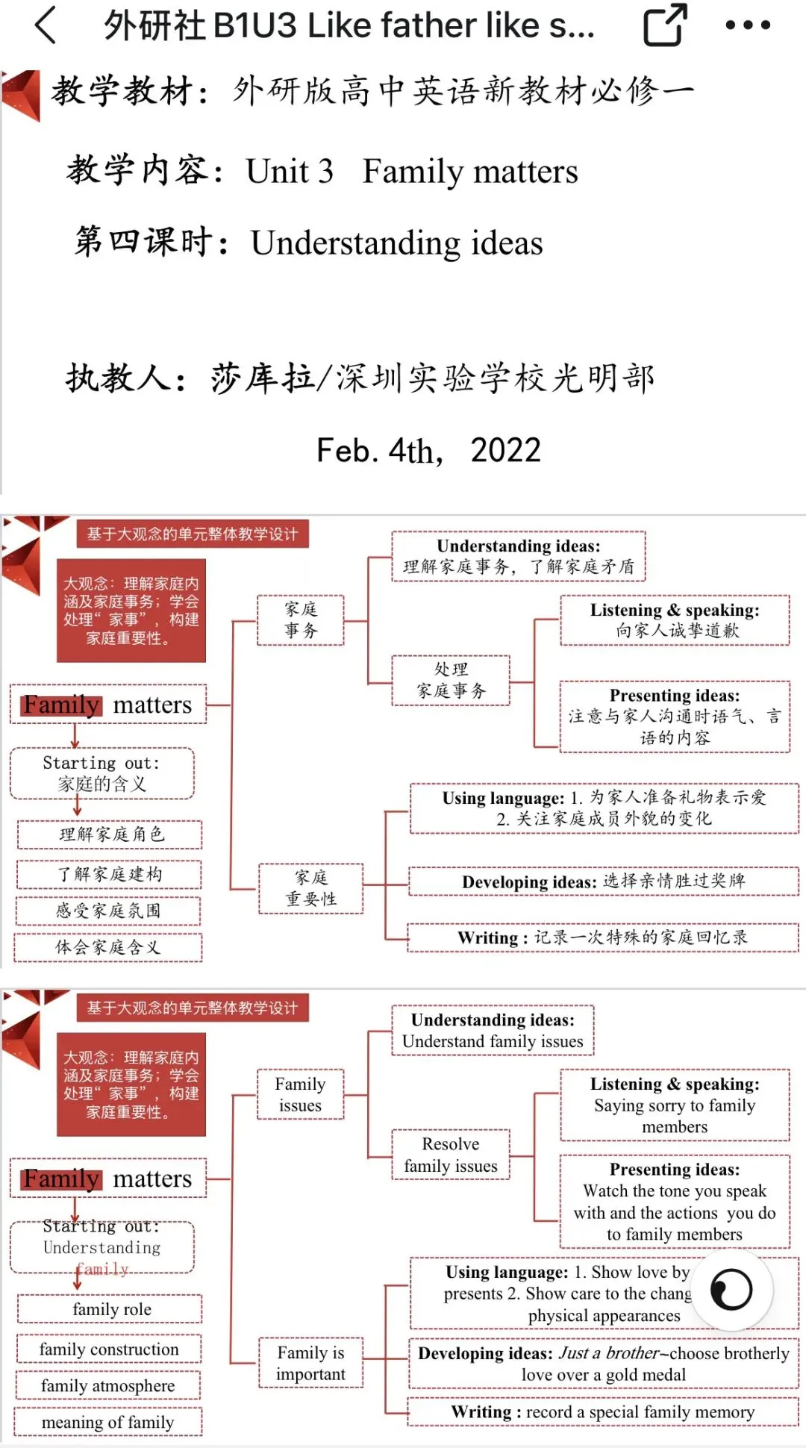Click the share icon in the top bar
coord(664,25)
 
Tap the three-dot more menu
coord(748,25)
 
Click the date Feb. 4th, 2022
coord(428,451)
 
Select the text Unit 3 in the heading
coord(290,172)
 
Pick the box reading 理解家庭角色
coord(110,834)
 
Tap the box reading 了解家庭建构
coord(110,874)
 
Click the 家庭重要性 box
coord(311,888)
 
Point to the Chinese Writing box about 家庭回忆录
coord(603,937)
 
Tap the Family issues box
coord(300,1094)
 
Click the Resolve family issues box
coord(451,1155)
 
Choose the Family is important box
coord(311,1363)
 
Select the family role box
coord(110,1309)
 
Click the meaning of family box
coord(108,1423)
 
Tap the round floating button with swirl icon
coord(731,1290)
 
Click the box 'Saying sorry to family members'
coord(675,1105)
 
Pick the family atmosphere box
coord(108,1386)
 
